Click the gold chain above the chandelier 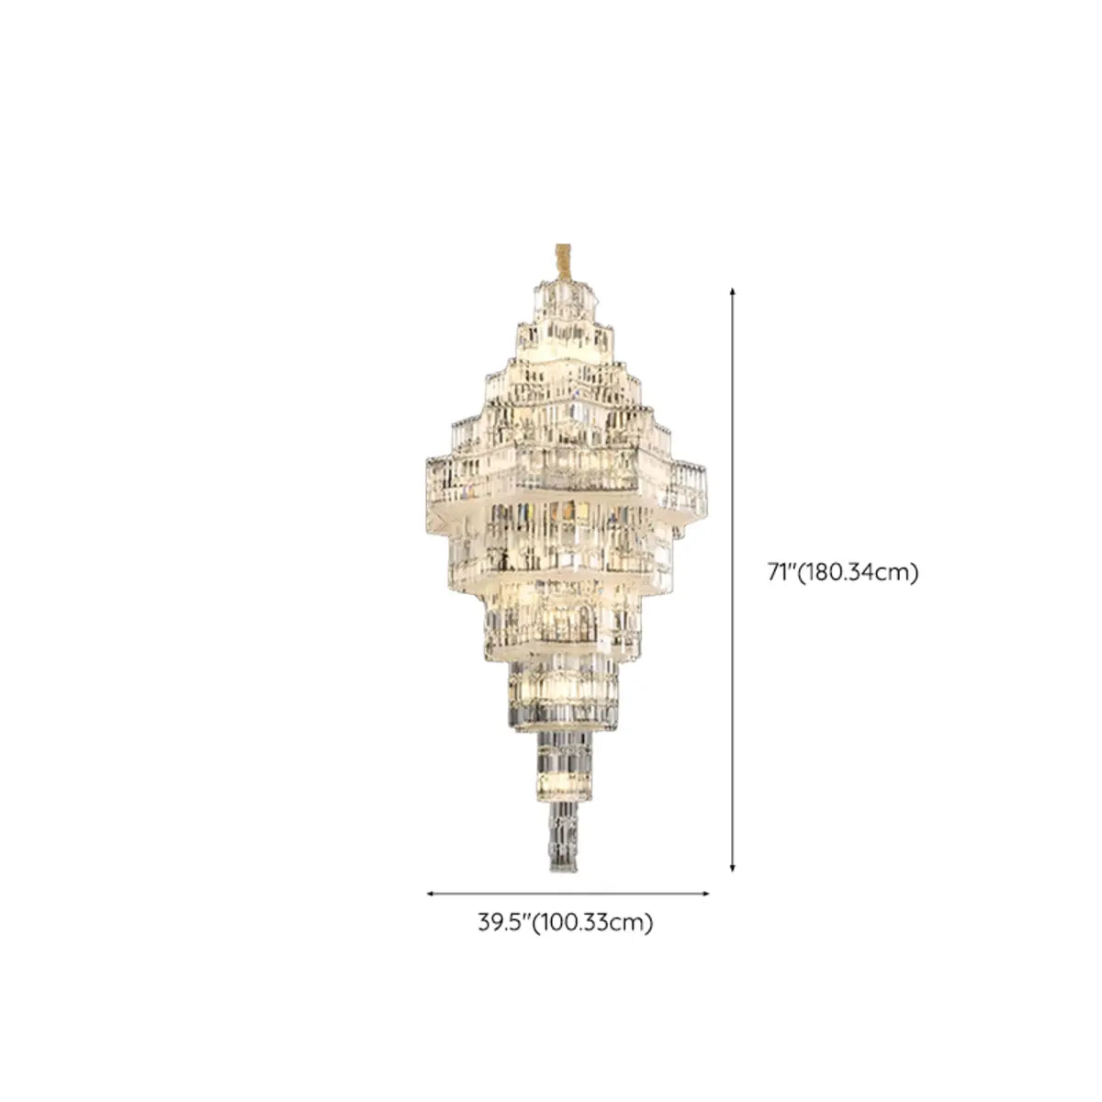562,271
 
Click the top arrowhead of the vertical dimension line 733,292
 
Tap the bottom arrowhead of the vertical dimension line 733,869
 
